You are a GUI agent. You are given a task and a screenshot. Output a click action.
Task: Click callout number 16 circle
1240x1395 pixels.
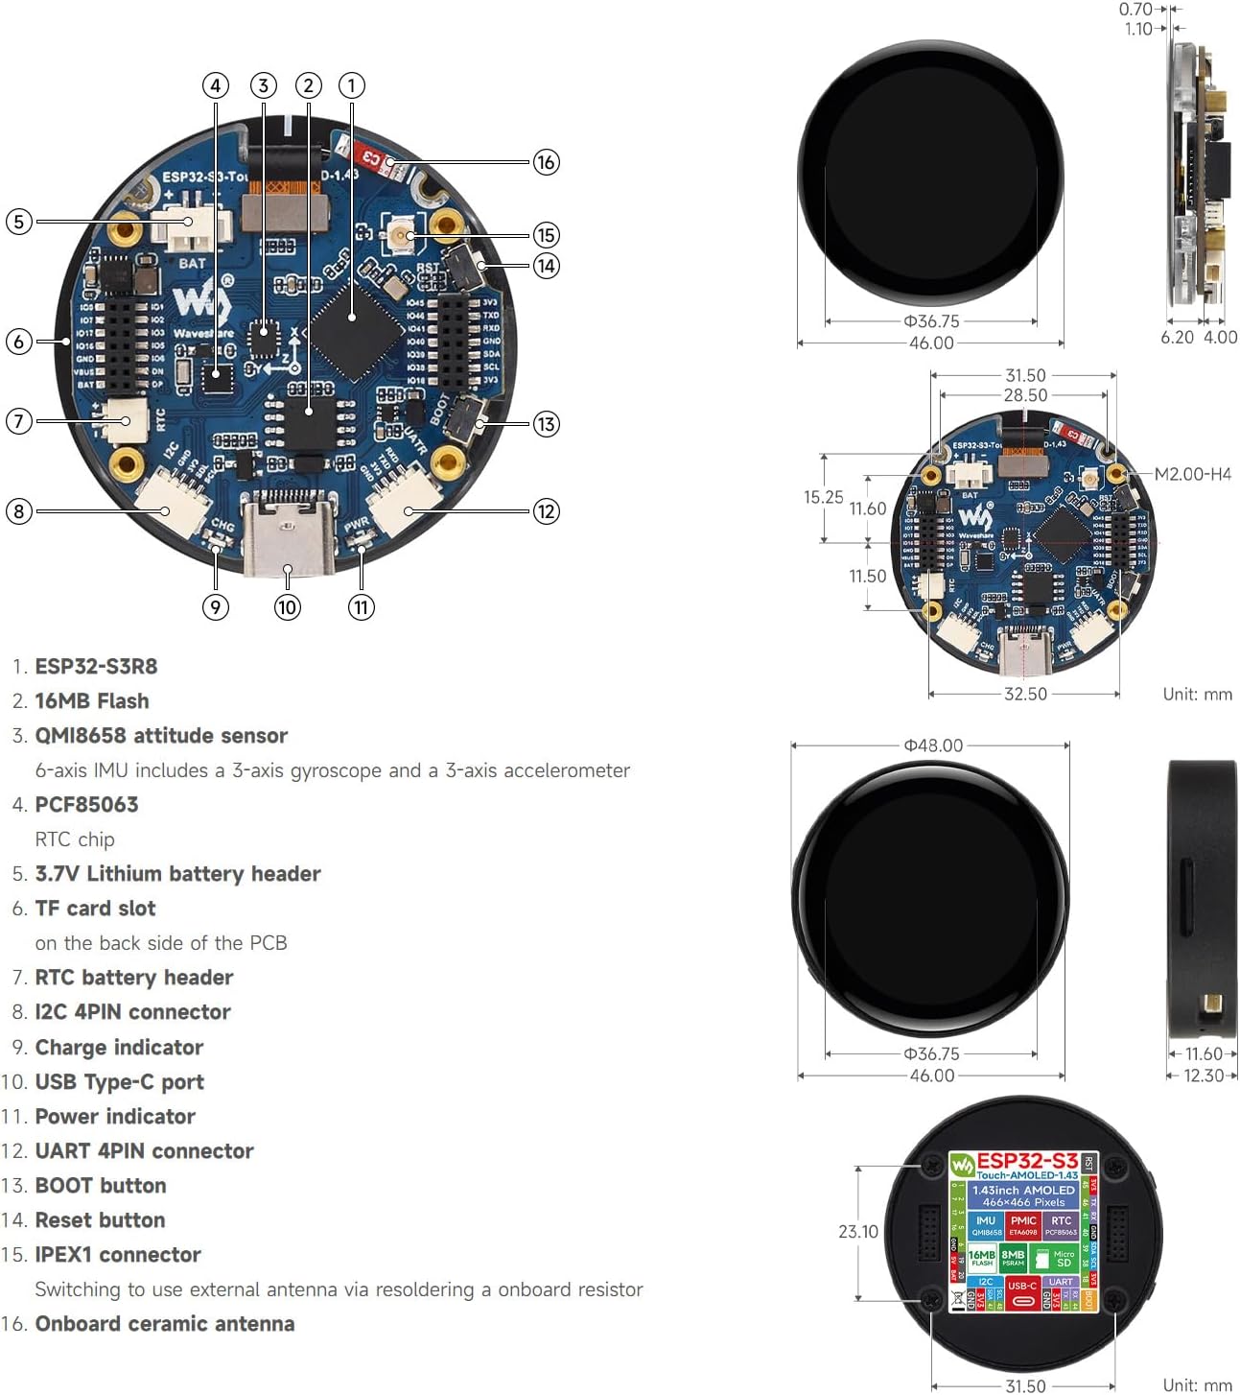(x=546, y=162)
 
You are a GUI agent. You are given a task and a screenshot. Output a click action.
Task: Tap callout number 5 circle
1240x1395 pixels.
(x=18, y=222)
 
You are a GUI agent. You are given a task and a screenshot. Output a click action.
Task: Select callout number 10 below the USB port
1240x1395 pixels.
(x=287, y=607)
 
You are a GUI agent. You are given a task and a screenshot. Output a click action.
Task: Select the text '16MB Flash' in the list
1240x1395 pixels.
(x=92, y=701)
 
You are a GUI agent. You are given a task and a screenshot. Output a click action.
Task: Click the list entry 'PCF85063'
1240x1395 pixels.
(x=86, y=805)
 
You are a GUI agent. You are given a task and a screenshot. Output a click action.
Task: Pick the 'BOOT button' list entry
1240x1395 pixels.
(x=101, y=1186)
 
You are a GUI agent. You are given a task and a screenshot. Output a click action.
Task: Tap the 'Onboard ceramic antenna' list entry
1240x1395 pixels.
(x=165, y=1324)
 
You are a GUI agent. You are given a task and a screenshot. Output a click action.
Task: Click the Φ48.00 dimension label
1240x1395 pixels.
(x=933, y=745)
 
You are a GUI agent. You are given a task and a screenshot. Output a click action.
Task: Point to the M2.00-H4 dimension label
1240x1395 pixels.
(x=1192, y=474)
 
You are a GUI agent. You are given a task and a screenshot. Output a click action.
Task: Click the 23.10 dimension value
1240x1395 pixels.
(x=857, y=1231)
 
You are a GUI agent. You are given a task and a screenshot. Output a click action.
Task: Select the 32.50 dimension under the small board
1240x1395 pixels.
(x=1025, y=694)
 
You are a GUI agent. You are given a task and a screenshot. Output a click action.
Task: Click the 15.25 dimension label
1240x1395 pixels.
(x=823, y=497)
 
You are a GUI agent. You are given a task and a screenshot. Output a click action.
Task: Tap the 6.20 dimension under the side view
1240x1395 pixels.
(x=1177, y=337)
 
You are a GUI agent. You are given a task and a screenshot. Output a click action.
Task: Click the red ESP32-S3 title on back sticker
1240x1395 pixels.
(x=1026, y=1161)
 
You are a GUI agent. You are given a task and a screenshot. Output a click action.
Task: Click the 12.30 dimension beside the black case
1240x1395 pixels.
(x=1204, y=1076)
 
